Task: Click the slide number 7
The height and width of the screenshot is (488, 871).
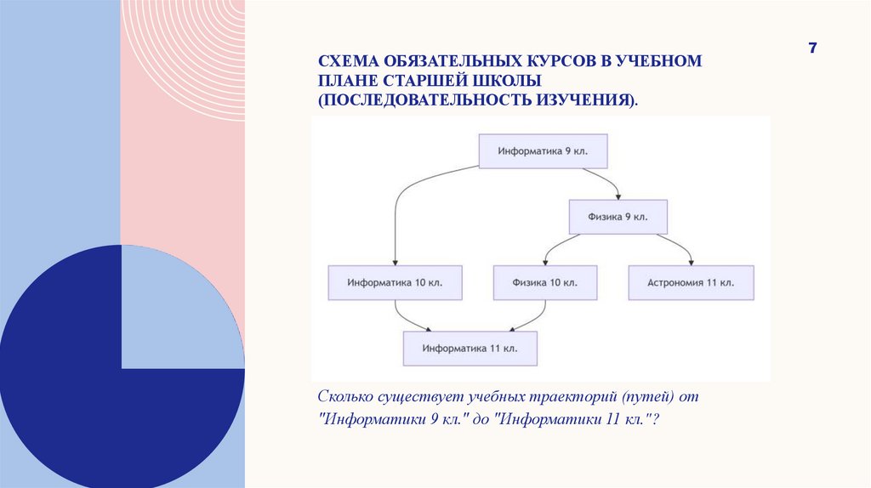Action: click(812, 48)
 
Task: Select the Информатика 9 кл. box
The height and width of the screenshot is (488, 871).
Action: click(544, 151)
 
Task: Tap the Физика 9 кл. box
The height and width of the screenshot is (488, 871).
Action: click(618, 217)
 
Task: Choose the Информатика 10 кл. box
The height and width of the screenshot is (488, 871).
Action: click(396, 282)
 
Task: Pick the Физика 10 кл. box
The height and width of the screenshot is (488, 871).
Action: click(545, 282)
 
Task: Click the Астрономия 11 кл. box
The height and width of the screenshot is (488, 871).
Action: click(692, 282)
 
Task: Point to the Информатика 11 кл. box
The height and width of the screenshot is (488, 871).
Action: click(470, 348)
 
